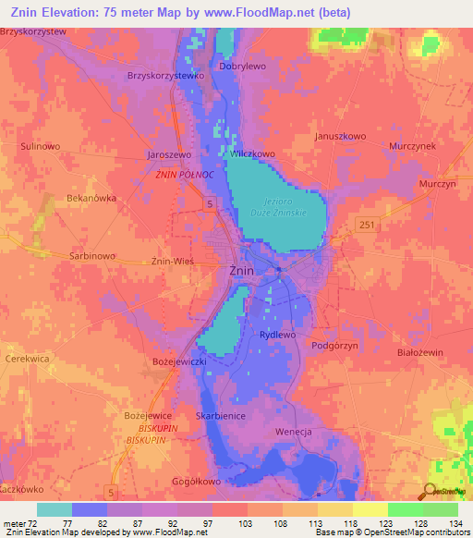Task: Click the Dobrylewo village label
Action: [x=243, y=67]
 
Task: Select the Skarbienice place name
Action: [x=220, y=416]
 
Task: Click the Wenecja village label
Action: [x=297, y=432]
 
